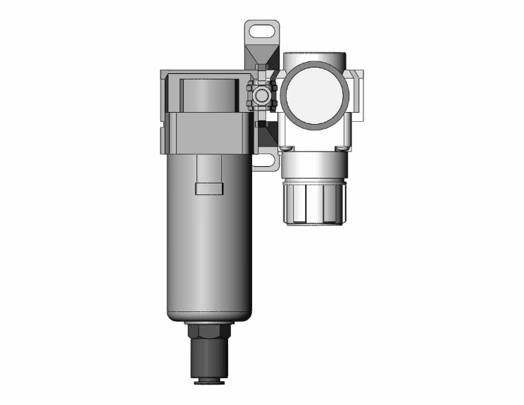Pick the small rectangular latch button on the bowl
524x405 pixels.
[209, 188]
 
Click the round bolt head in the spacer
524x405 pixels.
[262, 94]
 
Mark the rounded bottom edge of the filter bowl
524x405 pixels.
[209, 313]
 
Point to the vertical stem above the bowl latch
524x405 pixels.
[209, 166]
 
